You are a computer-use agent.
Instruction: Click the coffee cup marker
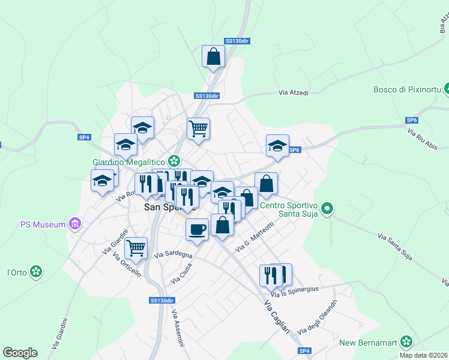197,229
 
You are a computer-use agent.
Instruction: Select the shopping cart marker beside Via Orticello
136,247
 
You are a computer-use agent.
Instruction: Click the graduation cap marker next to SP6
277,146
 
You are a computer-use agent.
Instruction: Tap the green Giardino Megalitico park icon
174,161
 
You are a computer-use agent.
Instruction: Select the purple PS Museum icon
75,224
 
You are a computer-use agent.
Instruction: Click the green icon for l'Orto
37,272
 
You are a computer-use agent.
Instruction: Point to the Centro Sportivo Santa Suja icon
327,209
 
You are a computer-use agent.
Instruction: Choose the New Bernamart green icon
407,343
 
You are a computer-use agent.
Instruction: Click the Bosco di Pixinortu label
408,89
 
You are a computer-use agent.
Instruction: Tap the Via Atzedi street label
294,93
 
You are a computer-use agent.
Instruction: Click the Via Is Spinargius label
294,292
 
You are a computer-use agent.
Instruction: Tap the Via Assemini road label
178,329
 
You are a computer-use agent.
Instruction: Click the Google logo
20,353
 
